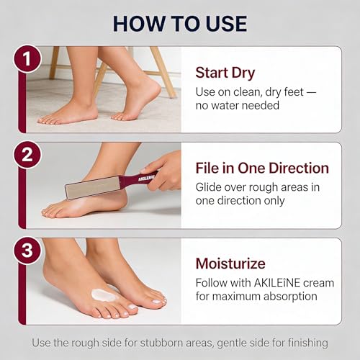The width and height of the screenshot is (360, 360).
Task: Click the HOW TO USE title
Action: click(180, 24)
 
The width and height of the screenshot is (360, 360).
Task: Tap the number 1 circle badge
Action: click(27, 59)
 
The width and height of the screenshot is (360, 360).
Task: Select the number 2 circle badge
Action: click(27, 155)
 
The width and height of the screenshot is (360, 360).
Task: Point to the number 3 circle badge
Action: click(27, 251)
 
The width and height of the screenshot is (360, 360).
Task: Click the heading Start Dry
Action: click(225, 73)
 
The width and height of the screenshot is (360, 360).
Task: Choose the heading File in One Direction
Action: click(262, 168)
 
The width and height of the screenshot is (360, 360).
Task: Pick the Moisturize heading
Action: click(230, 264)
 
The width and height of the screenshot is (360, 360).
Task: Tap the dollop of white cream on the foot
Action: click(104, 295)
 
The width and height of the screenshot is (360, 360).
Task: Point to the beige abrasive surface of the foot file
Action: click(92, 188)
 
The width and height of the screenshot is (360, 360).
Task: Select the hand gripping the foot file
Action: click(161, 171)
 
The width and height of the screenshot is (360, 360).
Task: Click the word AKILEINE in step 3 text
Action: click(277, 283)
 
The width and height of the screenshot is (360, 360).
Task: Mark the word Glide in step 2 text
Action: click(208, 187)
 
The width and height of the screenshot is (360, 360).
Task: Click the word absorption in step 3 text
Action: click(290, 297)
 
